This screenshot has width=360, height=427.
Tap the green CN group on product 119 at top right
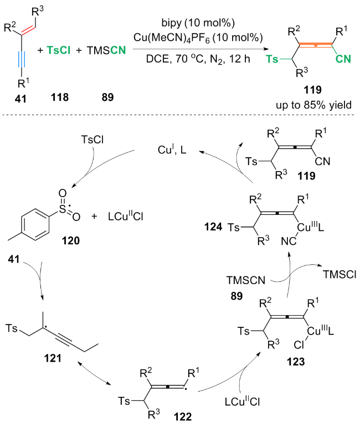click(x=343, y=59)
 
